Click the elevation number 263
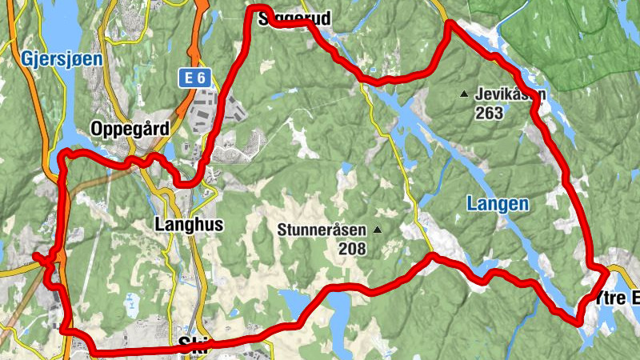[488, 113]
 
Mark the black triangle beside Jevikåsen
[463, 94]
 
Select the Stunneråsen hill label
[323, 230]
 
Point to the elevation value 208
[351, 249]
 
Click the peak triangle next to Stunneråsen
[377, 230]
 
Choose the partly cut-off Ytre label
[619, 298]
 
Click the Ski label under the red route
[194, 345]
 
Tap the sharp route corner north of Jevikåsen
[449, 23]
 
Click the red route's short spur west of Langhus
[38, 257]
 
